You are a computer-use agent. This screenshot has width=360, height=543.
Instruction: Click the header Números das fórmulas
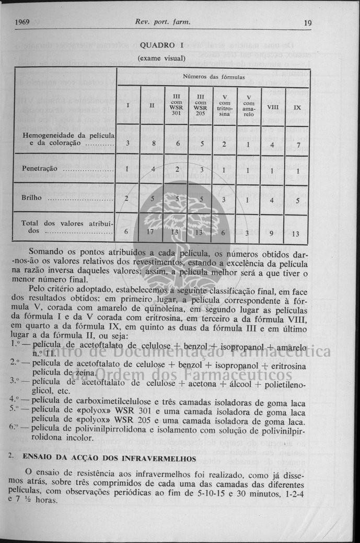click(214, 77)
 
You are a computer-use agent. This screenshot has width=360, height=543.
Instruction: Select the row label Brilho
click(31, 198)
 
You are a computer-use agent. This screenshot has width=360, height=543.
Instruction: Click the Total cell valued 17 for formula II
click(152, 231)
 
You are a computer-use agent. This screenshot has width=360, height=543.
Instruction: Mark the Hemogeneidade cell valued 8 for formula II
click(152, 143)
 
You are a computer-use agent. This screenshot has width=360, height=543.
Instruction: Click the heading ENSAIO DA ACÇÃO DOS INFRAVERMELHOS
click(109, 458)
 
